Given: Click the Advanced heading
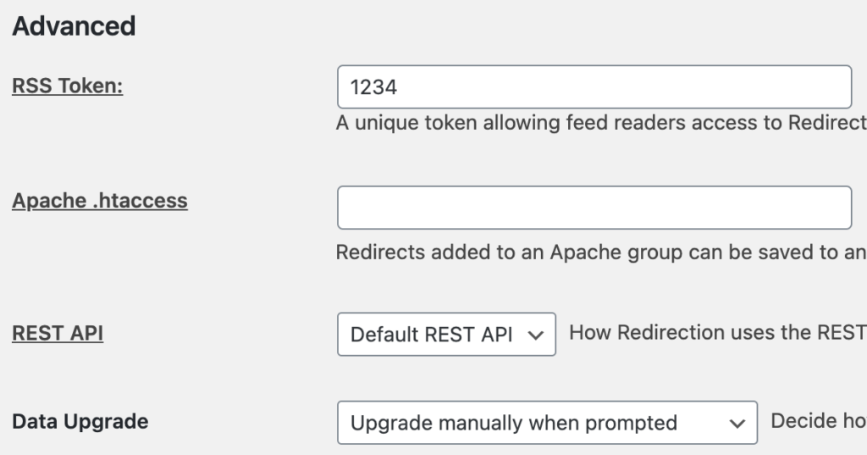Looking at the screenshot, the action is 74,26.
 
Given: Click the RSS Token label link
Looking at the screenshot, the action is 68,86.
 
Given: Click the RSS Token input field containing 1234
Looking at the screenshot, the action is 594,87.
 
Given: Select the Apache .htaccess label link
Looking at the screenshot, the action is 100,200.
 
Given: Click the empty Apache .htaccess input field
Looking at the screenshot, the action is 594,208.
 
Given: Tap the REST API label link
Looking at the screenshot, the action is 58,333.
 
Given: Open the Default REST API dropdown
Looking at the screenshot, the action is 446,335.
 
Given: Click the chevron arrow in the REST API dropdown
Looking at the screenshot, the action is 535,336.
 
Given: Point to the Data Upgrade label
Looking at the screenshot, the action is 80,422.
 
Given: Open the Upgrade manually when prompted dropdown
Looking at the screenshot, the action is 548,423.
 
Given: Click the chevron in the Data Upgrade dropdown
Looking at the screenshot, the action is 737,424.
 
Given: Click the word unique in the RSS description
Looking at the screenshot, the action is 386,123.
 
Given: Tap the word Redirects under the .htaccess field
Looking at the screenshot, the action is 380,252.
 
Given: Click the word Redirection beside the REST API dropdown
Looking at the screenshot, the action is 671,333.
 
